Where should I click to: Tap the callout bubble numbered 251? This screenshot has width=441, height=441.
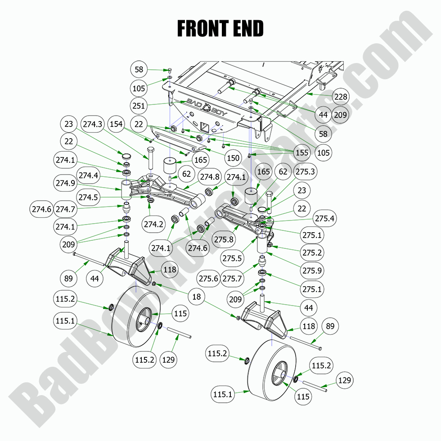click(139, 105)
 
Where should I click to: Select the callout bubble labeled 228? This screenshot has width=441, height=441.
click(341, 97)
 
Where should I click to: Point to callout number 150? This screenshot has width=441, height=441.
click(233, 158)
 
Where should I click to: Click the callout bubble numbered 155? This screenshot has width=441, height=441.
click(302, 153)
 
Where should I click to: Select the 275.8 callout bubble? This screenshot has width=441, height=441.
click(224, 239)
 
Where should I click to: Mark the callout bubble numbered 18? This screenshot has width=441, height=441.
click(196, 297)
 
